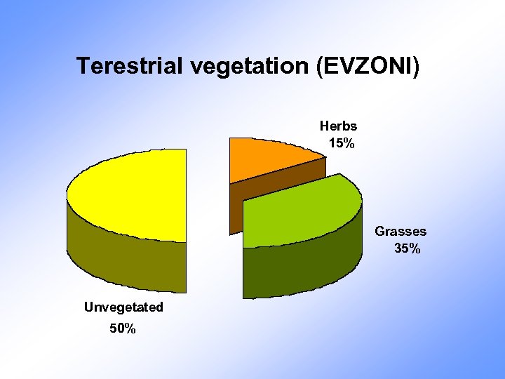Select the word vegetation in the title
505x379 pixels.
(x=243, y=66)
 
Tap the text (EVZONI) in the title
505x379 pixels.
(x=369, y=66)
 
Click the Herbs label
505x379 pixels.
(x=338, y=126)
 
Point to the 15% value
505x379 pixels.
(x=341, y=144)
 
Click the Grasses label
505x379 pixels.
(x=400, y=231)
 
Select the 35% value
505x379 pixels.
(x=407, y=248)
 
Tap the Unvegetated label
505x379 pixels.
(x=123, y=307)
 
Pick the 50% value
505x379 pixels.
(x=123, y=328)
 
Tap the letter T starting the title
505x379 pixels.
(x=83, y=66)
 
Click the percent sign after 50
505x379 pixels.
(x=130, y=328)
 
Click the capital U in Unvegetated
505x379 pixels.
(x=88, y=307)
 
